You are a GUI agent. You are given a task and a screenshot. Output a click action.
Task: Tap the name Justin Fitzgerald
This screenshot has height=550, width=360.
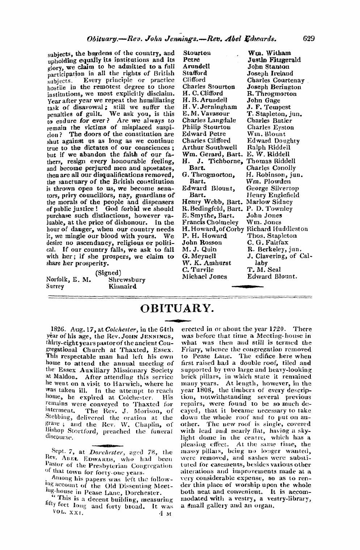point(274,60)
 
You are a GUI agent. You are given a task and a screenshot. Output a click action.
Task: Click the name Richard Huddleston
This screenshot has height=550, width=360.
point(277,229)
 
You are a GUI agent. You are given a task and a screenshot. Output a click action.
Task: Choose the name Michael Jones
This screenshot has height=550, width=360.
point(204,276)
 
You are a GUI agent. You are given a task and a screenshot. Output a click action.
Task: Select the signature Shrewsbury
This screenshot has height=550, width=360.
point(127,280)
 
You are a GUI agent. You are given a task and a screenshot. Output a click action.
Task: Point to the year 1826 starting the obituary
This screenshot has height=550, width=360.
point(59,330)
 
